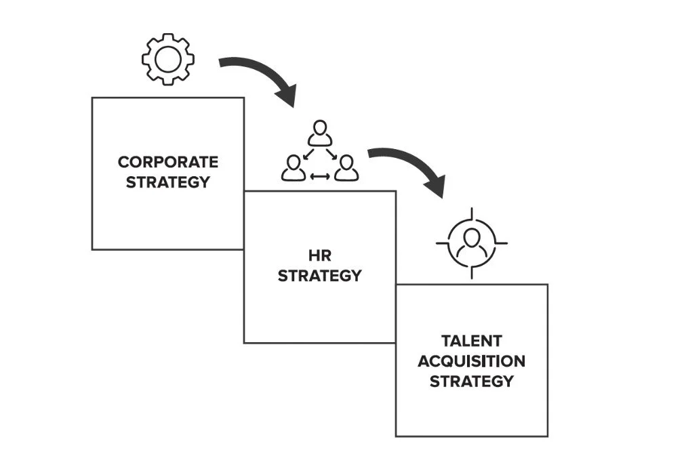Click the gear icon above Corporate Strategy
click(x=168, y=58)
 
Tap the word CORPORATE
click(x=168, y=163)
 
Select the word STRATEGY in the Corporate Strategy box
click(x=168, y=182)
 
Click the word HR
click(x=319, y=255)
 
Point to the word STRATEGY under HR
click(x=319, y=276)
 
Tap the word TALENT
click(x=471, y=341)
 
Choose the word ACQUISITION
click(x=471, y=361)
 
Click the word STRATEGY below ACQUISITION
click(x=471, y=381)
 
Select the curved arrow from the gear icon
click(x=258, y=75)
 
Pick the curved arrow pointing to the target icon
click(x=407, y=163)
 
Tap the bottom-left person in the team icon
click(x=294, y=168)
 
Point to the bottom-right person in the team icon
click(x=346, y=168)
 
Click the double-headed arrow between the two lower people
click(x=319, y=177)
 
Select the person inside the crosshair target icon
click(x=471, y=243)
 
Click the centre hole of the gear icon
click(x=168, y=58)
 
